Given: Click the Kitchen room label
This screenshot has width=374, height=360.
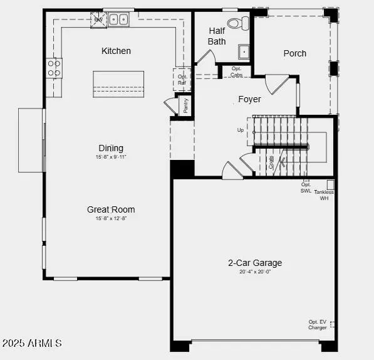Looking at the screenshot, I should (x=117, y=51).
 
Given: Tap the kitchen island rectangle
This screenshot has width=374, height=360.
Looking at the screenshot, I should (x=118, y=84).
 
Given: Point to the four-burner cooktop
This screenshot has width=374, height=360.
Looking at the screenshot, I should (x=55, y=68).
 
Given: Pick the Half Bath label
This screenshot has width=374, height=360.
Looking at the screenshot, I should (x=217, y=36).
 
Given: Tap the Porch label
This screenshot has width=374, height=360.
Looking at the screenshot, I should (x=294, y=53).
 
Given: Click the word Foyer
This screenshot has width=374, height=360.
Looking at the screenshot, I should (x=249, y=99).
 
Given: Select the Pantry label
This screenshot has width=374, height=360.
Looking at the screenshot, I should (x=186, y=106).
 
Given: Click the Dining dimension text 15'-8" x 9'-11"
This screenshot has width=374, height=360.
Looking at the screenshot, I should (x=110, y=156).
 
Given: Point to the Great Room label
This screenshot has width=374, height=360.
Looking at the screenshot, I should (x=111, y=209).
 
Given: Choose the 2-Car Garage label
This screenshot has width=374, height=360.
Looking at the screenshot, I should (x=255, y=263).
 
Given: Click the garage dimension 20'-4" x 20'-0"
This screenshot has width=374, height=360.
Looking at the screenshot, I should (x=255, y=272).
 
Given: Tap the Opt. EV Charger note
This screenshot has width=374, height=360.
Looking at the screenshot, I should (x=318, y=325).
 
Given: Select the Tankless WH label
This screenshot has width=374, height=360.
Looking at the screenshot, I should (x=324, y=195).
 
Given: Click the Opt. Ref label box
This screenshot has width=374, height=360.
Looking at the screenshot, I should (x=182, y=80).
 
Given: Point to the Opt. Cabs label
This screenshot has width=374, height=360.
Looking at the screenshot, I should (x=236, y=71).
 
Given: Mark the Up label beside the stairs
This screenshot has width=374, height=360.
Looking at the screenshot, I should (x=241, y=130).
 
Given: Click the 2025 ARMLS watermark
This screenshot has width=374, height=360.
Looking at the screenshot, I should (x=32, y=343).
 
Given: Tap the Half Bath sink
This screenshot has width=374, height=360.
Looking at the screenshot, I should (x=244, y=51).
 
